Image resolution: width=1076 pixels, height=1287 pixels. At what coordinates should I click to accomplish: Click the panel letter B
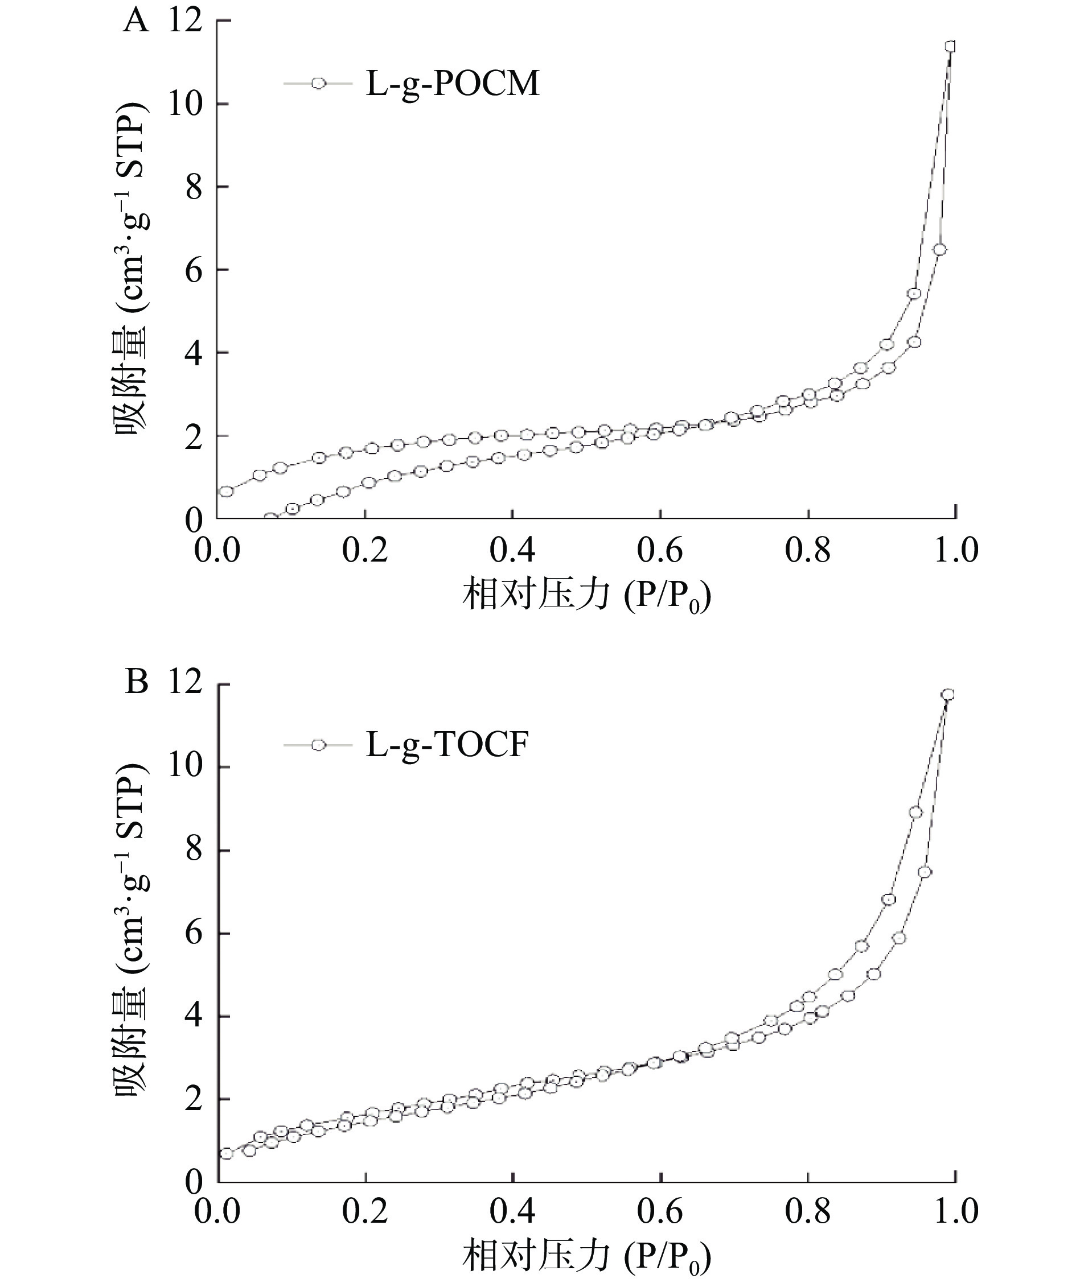[x=136, y=682]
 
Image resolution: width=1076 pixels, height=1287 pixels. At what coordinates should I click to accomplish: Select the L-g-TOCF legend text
[x=447, y=745]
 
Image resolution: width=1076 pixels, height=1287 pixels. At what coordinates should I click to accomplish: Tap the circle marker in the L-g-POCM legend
[x=318, y=83]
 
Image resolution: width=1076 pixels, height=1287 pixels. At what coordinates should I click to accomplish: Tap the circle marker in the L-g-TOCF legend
[x=318, y=745]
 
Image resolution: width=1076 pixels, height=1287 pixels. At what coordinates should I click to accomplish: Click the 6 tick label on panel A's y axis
[x=194, y=270]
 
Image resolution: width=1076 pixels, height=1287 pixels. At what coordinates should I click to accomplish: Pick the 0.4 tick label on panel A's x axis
[x=512, y=550]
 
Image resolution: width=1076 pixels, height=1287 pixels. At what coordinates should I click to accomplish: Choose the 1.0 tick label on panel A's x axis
[x=955, y=550]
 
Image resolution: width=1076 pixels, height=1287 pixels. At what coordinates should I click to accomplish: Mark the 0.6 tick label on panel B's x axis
[x=660, y=1212]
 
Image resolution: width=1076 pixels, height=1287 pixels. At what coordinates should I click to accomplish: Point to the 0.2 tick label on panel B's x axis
[x=365, y=1212]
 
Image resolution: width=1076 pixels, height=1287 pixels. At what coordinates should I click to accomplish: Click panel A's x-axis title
[x=587, y=596]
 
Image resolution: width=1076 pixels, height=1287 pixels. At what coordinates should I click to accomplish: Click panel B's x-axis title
[x=587, y=1257]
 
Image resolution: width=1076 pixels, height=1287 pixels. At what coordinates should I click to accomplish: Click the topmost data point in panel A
[x=950, y=47]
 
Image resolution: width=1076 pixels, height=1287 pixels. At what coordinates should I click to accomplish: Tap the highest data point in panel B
[x=948, y=694]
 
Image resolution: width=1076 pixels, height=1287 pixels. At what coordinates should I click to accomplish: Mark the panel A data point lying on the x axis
[x=270, y=518]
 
